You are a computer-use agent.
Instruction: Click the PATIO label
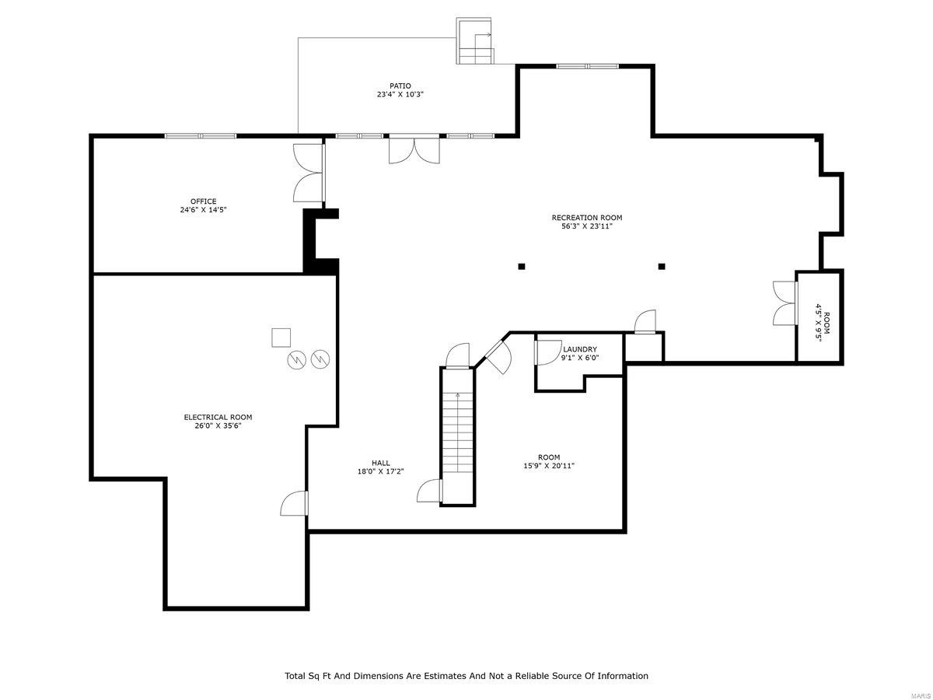(400, 86)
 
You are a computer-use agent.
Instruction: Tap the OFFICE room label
(204, 201)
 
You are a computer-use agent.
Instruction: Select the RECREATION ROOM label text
(587, 218)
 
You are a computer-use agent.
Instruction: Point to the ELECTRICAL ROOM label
(218, 417)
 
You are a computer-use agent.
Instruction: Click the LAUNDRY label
(580, 349)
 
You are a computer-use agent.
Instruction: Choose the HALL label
(380, 463)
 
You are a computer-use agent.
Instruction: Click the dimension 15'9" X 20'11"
(549, 466)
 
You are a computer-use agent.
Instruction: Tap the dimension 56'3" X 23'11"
(587, 227)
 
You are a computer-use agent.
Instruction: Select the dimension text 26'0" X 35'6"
(218, 426)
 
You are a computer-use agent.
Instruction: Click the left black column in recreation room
(522, 267)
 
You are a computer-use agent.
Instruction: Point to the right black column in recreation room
(662, 267)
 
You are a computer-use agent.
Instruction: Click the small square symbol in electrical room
(281, 338)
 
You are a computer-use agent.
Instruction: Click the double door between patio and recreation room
(414, 149)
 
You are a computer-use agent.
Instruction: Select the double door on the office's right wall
(309, 173)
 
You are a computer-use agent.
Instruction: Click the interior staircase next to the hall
(457, 436)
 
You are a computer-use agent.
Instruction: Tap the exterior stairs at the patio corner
(475, 43)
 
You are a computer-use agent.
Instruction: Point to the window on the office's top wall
(201, 136)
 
